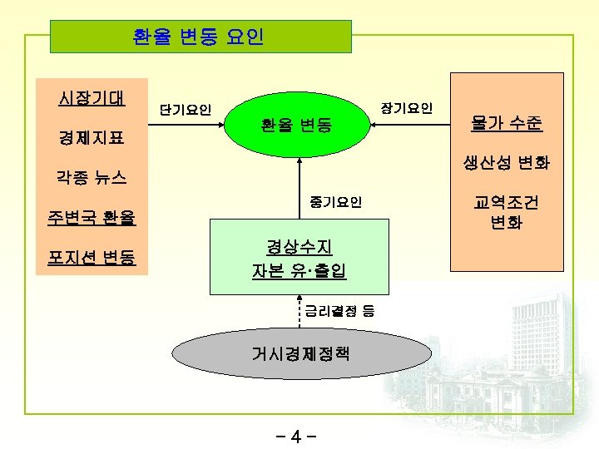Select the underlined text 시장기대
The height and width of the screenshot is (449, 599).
(92, 98)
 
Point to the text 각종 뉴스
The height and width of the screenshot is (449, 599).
(92, 177)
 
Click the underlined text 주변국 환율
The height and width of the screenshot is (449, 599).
(92, 219)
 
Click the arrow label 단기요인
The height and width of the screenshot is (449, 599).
(185, 110)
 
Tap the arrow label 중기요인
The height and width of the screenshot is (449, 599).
(335, 202)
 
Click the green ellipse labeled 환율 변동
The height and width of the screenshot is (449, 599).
(296, 126)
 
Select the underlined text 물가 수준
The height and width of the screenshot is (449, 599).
(506, 124)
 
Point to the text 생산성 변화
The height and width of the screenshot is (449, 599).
(506, 163)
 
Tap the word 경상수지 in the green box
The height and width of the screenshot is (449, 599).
(299, 246)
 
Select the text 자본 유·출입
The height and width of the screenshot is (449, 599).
(299, 270)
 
